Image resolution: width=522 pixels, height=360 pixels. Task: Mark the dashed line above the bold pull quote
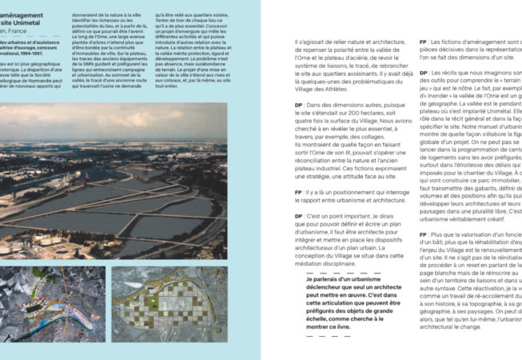[325, 272]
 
